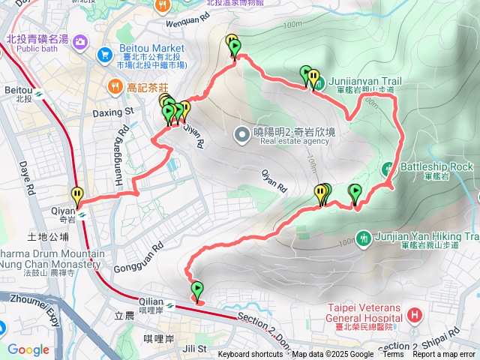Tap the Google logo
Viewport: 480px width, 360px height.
tap(28, 349)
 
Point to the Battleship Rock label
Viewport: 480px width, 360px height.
tap(436, 166)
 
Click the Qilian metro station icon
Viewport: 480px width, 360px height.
tap(171, 305)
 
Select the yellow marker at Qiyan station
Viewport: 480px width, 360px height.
tap(77, 196)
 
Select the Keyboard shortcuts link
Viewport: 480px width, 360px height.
tap(250, 355)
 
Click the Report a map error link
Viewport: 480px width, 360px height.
tap(443, 355)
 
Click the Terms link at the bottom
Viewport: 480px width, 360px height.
tap(393, 355)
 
